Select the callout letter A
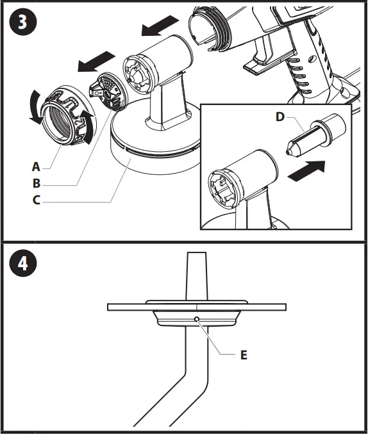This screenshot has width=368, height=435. pos(36,167)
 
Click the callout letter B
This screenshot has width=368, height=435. pos(36,183)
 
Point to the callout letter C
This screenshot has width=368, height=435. pos(36,199)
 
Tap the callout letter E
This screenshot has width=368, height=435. pos(243,354)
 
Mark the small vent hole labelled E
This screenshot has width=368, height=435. pos(197,318)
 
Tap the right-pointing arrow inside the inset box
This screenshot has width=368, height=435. pos(305,172)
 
